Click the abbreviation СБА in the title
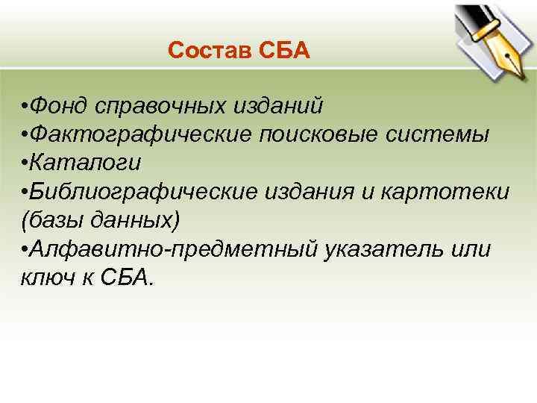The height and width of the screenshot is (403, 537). coord(284,51)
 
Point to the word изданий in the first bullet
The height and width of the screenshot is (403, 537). coord(277,106)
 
